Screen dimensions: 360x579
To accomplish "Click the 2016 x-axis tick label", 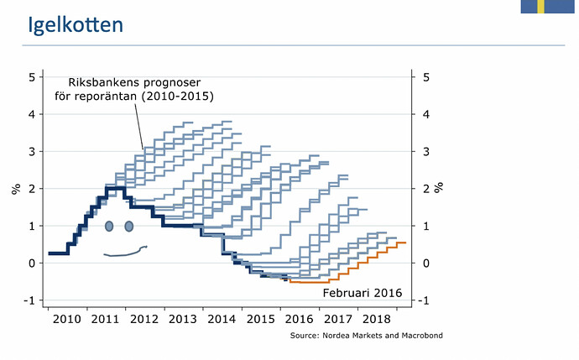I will [x=300, y=321].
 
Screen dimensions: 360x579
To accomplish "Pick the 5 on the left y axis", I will [x=30, y=77].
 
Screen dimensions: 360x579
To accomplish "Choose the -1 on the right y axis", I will [x=425, y=300].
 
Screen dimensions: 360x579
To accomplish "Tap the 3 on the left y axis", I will [x=30, y=152].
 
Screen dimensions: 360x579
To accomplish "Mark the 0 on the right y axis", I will [x=426, y=263].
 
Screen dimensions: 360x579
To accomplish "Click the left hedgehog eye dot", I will [x=109, y=226].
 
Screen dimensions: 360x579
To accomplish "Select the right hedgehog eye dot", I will [x=129, y=226].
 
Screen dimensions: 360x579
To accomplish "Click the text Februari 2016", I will [x=363, y=293].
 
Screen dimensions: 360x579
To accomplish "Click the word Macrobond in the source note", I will [x=420, y=336].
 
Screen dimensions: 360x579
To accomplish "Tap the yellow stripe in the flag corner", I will [x=541, y=7].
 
